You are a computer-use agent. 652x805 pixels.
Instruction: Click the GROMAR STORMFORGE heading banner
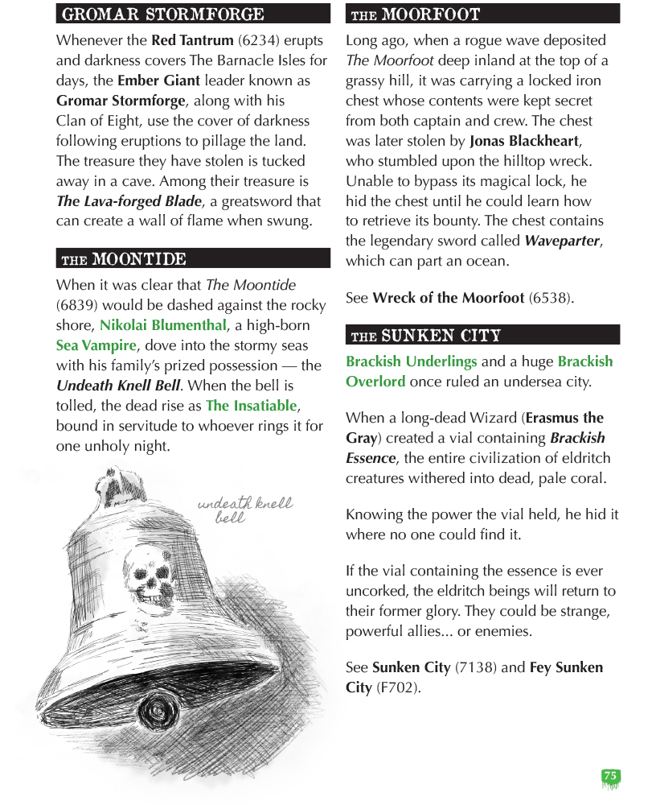click(193, 14)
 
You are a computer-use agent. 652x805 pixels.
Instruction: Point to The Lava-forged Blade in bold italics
click(129, 201)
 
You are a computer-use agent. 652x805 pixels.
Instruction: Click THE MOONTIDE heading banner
click(193, 258)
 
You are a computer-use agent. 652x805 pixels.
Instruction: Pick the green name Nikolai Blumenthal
click(162, 325)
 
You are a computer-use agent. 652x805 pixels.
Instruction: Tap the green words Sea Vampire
click(96, 345)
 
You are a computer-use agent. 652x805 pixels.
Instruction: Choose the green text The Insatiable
click(251, 406)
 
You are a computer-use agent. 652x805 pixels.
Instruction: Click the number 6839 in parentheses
click(78, 305)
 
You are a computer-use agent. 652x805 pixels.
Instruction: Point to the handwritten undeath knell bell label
click(244, 510)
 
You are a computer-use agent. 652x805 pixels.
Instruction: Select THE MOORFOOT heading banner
click(482, 14)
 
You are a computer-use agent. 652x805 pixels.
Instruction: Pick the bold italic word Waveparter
click(562, 241)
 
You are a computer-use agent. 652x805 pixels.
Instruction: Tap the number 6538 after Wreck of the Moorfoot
click(550, 298)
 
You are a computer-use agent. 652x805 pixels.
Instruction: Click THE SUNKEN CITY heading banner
click(482, 335)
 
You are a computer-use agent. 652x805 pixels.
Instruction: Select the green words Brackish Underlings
click(411, 361)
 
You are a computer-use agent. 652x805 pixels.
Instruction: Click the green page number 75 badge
click(610, 778)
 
